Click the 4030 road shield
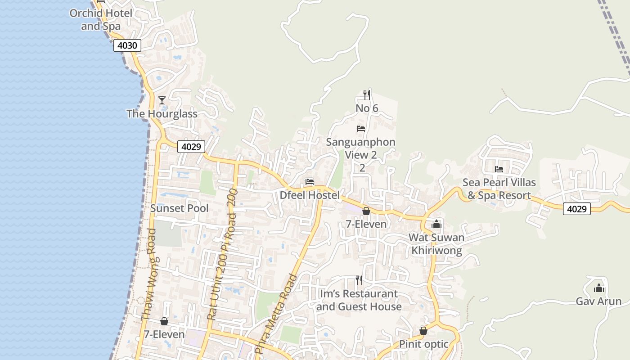[x=127, y=45]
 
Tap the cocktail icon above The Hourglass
[x=162, y=100]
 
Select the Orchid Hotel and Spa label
[x=101, y=20]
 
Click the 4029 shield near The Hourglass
[x=191, y=147]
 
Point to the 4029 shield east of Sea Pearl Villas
[x=577, y=209]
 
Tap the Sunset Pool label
[x=179, y=208]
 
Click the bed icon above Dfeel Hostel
[x=309, y=182]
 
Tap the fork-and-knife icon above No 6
[x=367, y=95]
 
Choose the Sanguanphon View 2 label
[x=361, y=148]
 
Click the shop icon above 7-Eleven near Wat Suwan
[x=366, y=211]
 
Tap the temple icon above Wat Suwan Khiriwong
[x=436, y=224]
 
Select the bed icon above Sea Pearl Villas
[x=499, y=169]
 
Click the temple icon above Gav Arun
[x=599, y=288]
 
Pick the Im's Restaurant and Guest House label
[x=359, y=300]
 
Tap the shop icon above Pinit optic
[x=423, y=331]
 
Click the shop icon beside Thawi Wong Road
[x=164, y=321]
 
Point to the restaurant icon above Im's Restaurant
[x=359, y=280]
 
